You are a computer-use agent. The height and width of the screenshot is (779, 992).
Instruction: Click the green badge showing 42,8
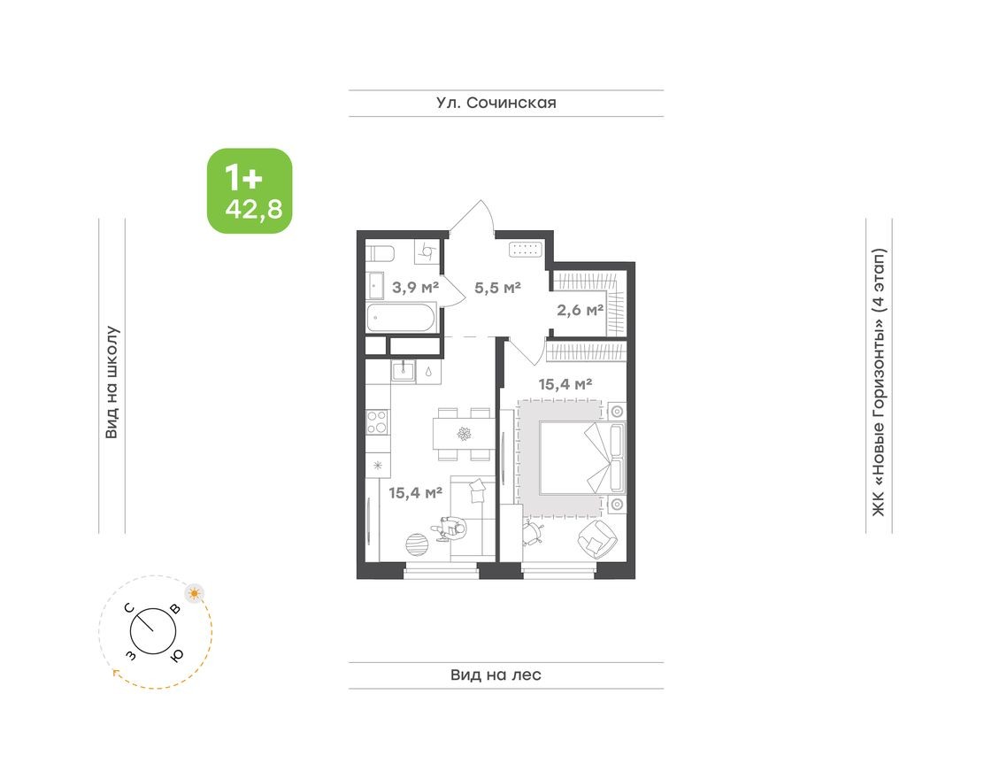[250, 190]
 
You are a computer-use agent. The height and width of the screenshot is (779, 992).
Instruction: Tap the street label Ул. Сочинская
[496, 103]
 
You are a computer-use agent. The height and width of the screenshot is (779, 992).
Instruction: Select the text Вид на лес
[496, 675]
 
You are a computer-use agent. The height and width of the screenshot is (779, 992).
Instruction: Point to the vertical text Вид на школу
[112, 382]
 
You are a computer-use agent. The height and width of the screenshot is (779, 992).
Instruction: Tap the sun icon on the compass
[194, 592]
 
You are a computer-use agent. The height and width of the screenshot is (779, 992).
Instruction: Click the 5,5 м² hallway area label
[496, 287]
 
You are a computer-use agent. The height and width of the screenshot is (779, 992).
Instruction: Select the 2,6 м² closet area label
[580, 310]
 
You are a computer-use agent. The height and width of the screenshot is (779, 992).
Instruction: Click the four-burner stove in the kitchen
[376, 421]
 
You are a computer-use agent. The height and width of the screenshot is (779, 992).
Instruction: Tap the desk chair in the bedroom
[534, 531]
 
